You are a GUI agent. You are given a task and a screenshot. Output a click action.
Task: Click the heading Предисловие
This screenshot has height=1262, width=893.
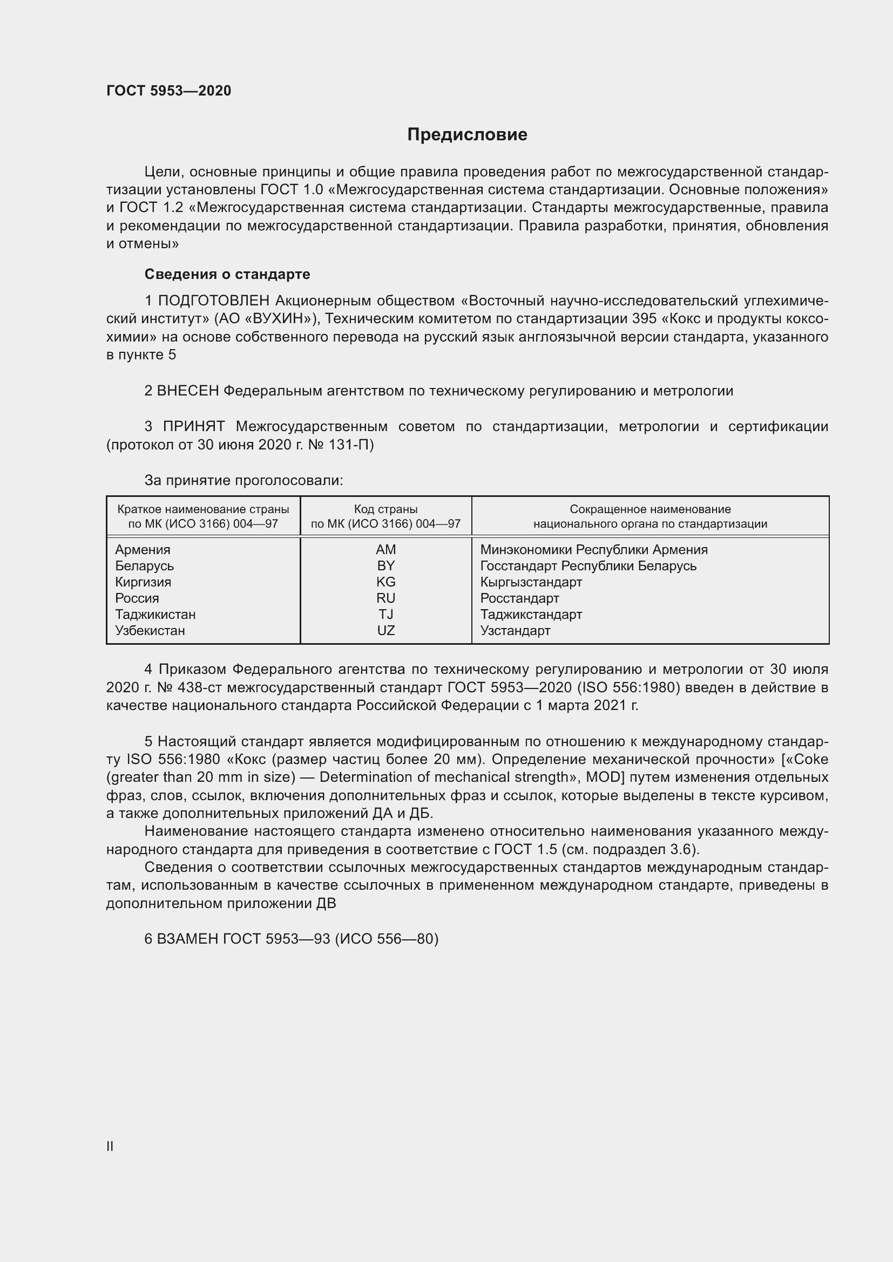[467, 135]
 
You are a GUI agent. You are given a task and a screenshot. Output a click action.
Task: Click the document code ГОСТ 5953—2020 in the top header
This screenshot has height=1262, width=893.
[168, 91]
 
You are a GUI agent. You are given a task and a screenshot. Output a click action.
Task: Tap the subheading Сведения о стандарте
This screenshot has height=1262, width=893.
[227, 274]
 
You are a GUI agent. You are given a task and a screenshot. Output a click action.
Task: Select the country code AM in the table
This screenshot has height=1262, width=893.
[385, 550]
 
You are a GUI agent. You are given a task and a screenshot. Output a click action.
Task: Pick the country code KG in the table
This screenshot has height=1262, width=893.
[385, 582]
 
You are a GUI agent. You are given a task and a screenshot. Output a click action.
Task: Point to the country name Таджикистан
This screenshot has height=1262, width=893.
[155, 614]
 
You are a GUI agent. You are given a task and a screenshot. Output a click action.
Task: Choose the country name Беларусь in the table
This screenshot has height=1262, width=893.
[144, 565]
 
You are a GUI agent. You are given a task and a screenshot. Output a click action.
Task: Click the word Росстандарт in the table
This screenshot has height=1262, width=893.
[519, 598]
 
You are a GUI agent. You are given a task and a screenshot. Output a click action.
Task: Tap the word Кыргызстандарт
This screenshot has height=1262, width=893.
[531, 582]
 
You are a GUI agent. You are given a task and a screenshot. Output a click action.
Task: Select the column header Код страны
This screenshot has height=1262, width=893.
[385, 509]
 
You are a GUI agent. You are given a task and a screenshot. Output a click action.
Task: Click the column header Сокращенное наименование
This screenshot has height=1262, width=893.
[650, 509]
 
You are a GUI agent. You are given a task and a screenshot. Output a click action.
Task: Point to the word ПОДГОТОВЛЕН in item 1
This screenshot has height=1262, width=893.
[213, 301]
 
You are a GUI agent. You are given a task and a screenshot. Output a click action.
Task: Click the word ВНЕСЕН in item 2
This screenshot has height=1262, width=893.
[187, 391]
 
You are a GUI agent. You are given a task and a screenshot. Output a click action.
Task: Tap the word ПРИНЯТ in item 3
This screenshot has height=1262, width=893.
[194, 427]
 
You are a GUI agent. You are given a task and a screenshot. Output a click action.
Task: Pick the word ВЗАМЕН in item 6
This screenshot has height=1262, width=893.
[187, 939]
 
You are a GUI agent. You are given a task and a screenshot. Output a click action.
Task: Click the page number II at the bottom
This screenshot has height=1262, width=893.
[110, 1146]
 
